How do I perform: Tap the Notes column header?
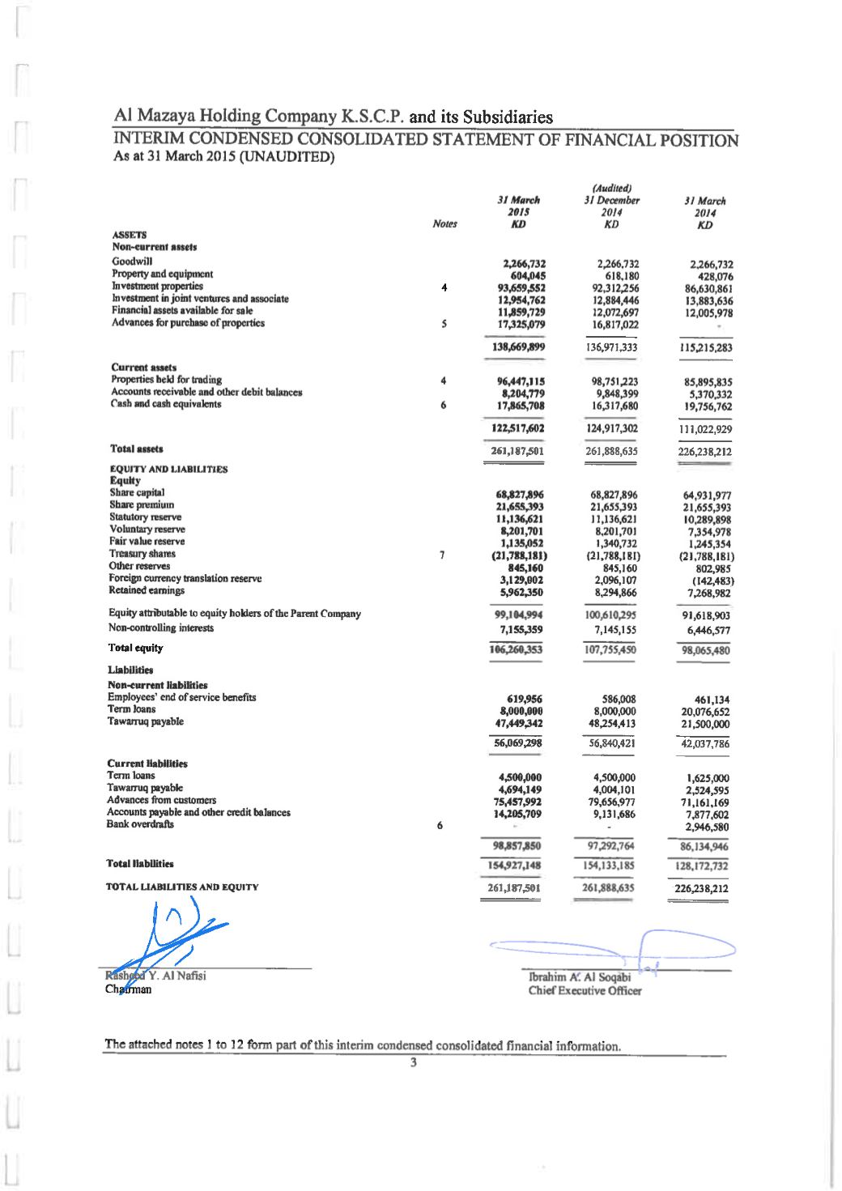point(444,224)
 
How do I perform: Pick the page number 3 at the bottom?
point(414,1063)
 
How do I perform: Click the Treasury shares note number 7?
point(441,555)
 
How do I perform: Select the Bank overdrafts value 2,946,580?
point(707,827)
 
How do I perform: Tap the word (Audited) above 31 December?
point(611,188)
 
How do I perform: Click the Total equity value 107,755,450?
point(610,649)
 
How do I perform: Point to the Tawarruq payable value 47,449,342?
point(518,723)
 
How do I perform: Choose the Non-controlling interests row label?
point(161,627)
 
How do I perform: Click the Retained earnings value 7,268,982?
point(707,593)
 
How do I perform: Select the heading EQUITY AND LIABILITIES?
point(168,469)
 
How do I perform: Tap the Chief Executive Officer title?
point(585,990)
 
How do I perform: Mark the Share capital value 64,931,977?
point(707,496)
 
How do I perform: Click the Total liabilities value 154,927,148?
point(518,865)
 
